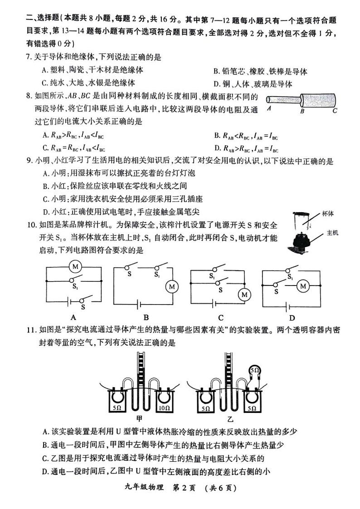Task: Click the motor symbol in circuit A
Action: pyautogui.click(x=74, y=266)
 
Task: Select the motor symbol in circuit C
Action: pyautogui.click(x=244, y=295)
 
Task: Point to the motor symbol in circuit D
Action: pyautogui.click(x=302, y=286)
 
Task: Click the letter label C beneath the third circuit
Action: pyautogui.click(x=221, y=317)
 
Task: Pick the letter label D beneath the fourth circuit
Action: pyautogui.click(x=292, y=317)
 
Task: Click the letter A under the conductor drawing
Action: pyautogui.click(x=269, y=110)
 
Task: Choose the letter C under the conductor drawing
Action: pyautogui.click(x=335, y=110)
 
